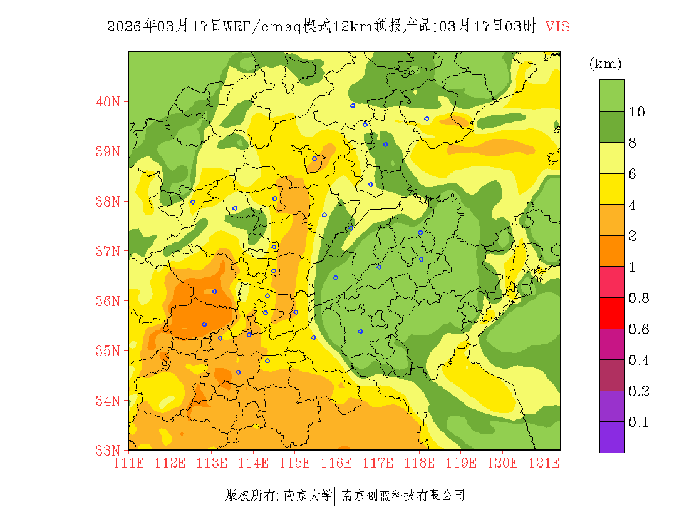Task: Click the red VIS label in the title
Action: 557,26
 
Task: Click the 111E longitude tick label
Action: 128,463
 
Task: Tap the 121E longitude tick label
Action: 544,463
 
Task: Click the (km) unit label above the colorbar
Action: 605,64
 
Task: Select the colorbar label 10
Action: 637,112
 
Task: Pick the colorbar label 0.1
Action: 638,422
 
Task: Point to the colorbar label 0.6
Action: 638,329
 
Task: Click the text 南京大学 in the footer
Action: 308,496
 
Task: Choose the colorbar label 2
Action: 633,236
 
